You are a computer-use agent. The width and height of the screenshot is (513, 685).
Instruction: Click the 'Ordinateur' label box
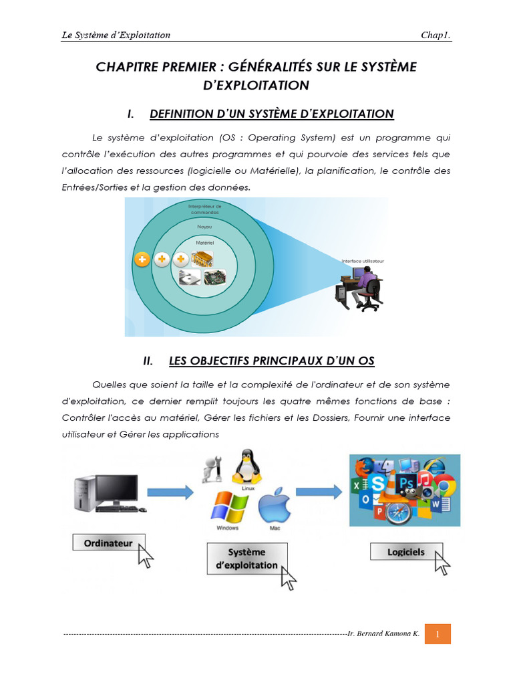click(x=108, y=543)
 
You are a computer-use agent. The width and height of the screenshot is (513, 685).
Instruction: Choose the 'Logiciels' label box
click(x=405, y=553)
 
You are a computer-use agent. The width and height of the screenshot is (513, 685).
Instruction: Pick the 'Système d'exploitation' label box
click(x=247, y=559)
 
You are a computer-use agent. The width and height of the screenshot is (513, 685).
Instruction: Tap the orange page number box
click(x=438, y=633)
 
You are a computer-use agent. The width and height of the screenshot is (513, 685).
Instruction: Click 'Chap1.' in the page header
click(x=436, y=35)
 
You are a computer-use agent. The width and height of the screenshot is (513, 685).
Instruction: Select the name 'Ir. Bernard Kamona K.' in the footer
click(x=383, y=633)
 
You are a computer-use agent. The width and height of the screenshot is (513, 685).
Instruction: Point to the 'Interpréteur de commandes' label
click(x=205, y=209)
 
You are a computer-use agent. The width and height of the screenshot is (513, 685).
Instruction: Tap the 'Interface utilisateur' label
click(x=363, y=261)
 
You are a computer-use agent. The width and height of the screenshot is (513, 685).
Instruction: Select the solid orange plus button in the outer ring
click(x=142, y=260)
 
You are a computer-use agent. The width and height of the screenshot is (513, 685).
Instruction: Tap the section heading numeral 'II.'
click(x=148, y=361)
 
